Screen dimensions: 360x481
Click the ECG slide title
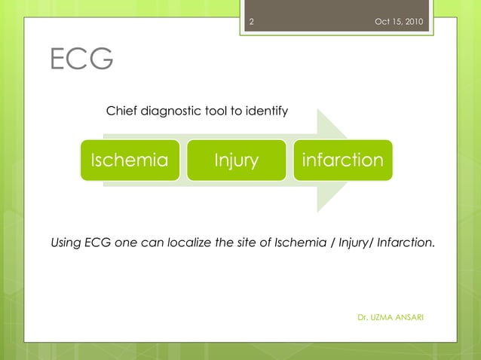tap(81, 59)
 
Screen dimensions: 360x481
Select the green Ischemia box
tap(130, 160)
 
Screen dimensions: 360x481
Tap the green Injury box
tap(236, 160)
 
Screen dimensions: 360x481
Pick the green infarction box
tap(342, 160)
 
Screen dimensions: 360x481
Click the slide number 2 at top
tap(251, 21)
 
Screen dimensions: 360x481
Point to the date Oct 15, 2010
tap(398, 21)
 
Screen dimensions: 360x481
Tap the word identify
tap(266, 111)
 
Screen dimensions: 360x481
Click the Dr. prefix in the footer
tap(363, 317)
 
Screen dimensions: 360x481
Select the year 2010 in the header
tap(412, 21)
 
